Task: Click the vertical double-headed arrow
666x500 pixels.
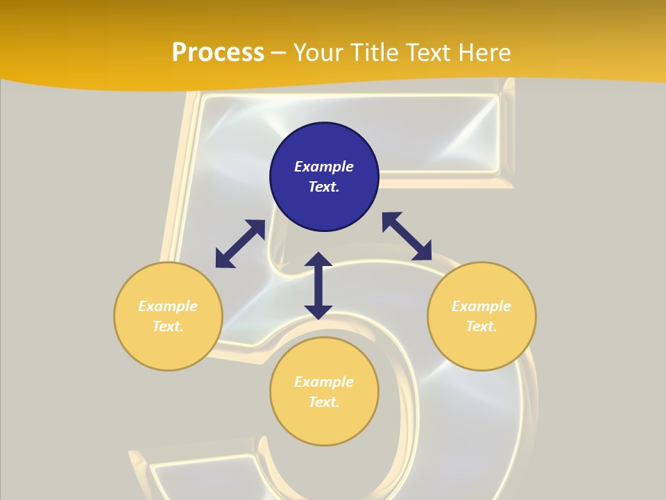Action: point(318,285)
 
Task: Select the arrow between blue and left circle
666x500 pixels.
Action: point(240,244)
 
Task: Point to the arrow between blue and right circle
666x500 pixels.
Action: point(407,237)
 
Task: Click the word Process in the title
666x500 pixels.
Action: point(218,52)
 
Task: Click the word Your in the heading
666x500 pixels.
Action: point(317,52)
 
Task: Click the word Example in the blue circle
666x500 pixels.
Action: point(324,167)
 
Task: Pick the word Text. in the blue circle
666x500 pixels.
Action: point(324,187)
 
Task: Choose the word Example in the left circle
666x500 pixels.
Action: point(168,306)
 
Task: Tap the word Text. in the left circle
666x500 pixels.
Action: point(168,326)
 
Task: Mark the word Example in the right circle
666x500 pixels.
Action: point(481,306)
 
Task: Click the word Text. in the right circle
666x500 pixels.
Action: point(481,326)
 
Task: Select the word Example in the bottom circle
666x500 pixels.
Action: point(324,382)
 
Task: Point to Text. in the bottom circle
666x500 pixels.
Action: point(324,402)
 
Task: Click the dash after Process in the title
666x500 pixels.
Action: point(279,53)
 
